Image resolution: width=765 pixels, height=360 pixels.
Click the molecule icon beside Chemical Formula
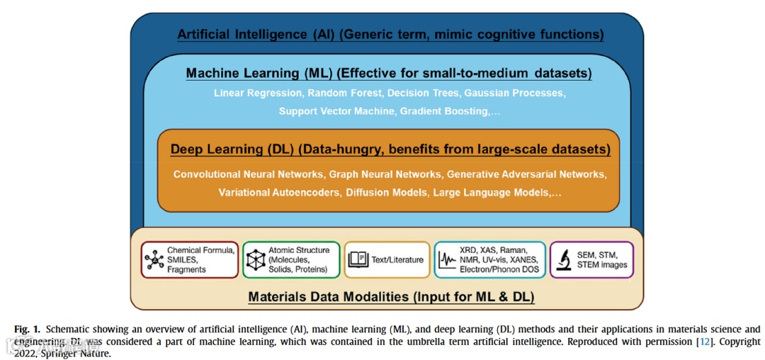coord(154,260)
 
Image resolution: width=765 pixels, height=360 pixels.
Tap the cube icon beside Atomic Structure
coord(255,260)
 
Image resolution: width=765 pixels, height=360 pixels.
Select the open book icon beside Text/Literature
coord(358,260)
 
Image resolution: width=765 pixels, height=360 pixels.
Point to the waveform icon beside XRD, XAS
coord(447,260)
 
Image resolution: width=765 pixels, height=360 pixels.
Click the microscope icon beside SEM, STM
coord(565,259)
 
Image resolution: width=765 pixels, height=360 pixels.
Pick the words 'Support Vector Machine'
coord(336,111)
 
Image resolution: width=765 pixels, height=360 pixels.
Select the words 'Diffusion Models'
coord(386,192)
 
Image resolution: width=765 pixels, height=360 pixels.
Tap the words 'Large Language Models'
coord(491,192)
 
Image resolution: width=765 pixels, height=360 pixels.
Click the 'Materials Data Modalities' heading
coord(327,297)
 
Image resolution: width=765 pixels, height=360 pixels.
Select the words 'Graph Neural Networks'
coord(386,174)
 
